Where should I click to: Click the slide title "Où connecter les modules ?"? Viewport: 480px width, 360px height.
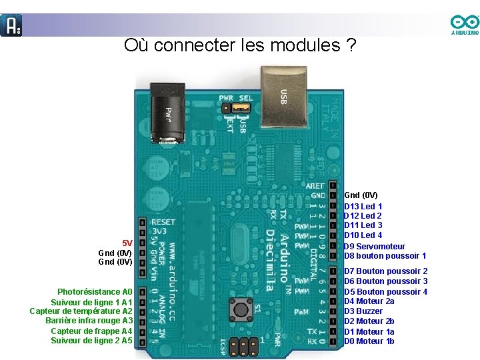click(x=239, y=46)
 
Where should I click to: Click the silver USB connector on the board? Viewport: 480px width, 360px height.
click(x=279, y=92)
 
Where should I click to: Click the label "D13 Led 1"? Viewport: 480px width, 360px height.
click(x=363, y=207)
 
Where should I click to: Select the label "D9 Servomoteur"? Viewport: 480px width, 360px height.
click(x=374, y=247)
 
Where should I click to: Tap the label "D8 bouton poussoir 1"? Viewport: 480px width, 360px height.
click(x=385, y=256)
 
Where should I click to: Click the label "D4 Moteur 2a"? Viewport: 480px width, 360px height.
click(x=369, y=301)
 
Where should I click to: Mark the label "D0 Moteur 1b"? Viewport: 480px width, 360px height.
click(x=369, y=341)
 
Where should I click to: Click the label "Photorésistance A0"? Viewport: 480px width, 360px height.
click(x=95, y=292)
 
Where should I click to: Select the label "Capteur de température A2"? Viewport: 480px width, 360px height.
click(x=81, y=311)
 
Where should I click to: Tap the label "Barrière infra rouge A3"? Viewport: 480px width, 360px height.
click(x=89, y=321)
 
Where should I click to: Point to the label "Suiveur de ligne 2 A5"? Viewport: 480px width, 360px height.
click(x=91, y=341)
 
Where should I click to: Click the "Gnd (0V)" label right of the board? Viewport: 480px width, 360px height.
click(x=360, y=195)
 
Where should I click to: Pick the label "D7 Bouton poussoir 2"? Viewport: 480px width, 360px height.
click(x=385, y=271)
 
